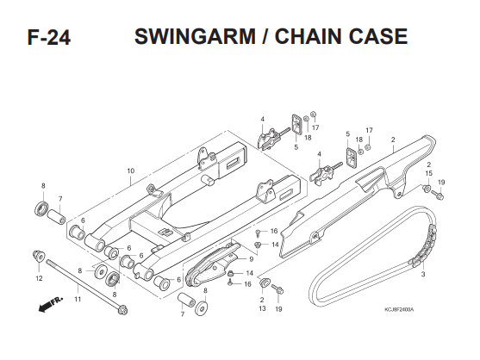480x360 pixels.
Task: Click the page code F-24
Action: [49, 37]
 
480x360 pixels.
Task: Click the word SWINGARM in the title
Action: [195, 36]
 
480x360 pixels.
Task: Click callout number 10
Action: [131, 171]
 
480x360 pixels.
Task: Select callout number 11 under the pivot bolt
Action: [78, 299]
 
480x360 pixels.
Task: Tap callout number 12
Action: [39, 278]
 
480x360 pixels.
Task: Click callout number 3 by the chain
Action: [423, 274]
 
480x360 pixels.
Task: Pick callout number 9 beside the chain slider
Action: [252, 259]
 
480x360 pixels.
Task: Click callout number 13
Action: [262, 308]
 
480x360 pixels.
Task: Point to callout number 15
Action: [429, 173]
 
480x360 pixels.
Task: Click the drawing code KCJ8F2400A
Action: [399, 310]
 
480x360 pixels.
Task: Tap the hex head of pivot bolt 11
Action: [123, 310]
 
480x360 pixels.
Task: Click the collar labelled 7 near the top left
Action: [56, 216]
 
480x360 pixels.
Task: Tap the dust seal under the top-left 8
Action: [41, 208]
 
